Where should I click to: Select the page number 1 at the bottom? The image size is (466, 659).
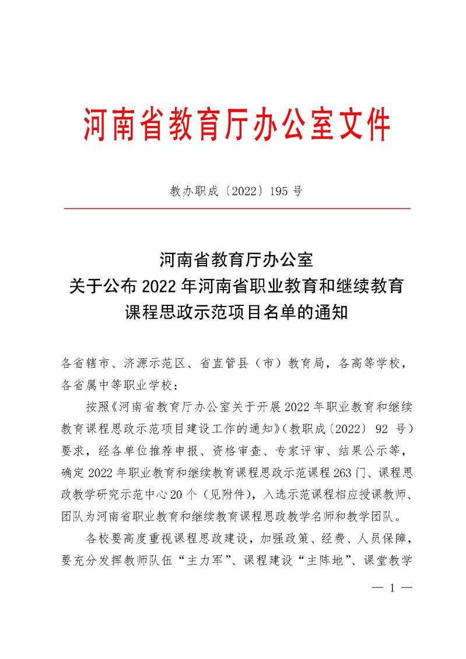click(x=392, y=588)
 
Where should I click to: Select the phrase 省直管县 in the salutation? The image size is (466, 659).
click(x=222, y=364)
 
